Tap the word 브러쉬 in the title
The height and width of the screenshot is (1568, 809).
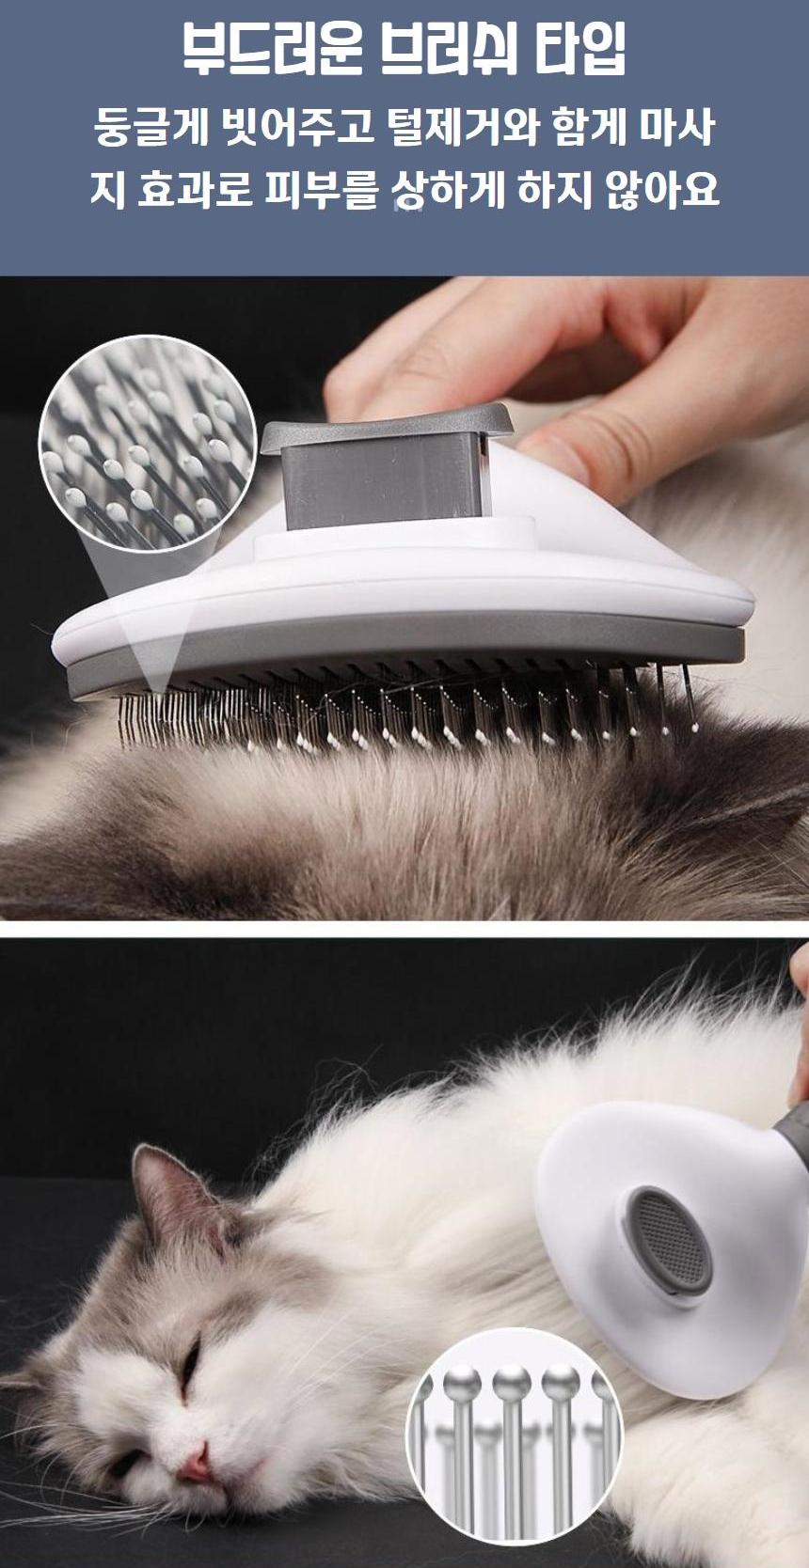(x=449, y=50)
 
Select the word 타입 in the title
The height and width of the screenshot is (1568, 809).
(x=580, y=50)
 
